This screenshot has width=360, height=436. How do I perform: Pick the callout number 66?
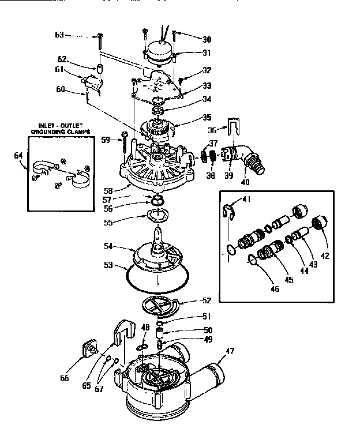(65, 378)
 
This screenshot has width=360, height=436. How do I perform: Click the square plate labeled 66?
(90, 349)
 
